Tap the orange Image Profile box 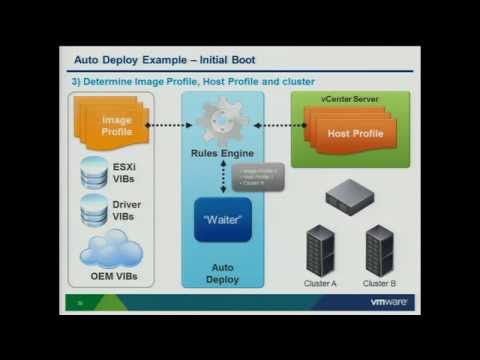click(x=116, y=126)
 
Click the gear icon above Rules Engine click(x=223, y=124)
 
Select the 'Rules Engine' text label click(x=223, y=153)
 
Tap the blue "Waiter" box click(x=223, y=219)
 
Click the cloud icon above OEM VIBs click(x=110, y=250)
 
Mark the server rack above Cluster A click(x=320, y=250)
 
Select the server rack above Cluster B click(x=379, y=250)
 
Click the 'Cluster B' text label click(x=379, y=283)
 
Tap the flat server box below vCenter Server click(x=349, y=195)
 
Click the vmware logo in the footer click(x=388, y=303)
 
